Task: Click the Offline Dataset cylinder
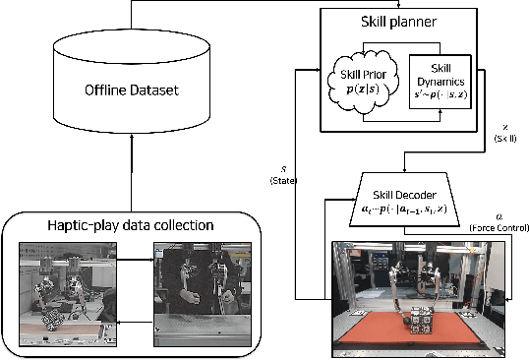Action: [131, 91]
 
